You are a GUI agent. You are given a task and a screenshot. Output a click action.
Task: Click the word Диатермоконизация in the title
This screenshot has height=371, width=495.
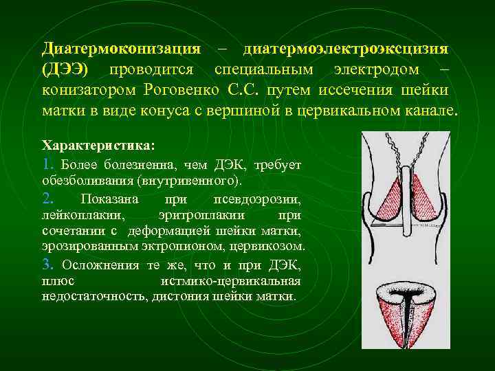[x=121, y=49]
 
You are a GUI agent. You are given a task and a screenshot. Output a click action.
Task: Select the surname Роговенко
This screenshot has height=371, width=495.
[x=182, y=91]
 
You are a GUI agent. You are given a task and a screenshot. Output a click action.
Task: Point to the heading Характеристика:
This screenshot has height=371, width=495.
[x=98, y=146]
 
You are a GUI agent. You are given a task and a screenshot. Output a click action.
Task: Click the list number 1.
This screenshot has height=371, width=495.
[x=46, y=165]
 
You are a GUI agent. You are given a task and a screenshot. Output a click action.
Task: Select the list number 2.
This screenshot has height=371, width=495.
[x=47, y=199]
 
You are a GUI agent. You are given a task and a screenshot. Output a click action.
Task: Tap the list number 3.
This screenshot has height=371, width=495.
[x=47, y=265]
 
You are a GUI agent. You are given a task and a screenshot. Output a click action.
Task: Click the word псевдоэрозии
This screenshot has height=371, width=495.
[x=266, y=200]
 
